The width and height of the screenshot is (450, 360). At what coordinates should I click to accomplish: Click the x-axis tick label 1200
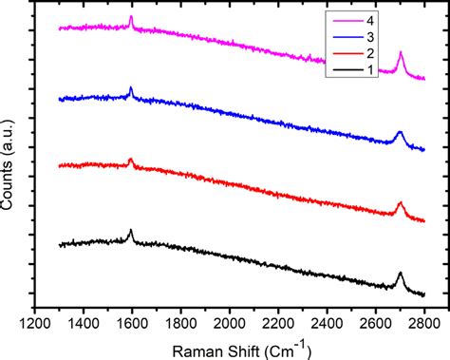click(34, 322)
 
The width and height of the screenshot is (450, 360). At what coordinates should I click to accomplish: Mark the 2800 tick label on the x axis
click(424, 322)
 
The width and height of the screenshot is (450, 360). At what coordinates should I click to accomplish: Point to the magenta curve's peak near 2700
click(401, 53)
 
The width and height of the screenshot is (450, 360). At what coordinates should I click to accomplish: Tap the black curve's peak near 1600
click(131, 231)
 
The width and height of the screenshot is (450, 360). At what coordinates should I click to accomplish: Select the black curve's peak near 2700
click(401, 274)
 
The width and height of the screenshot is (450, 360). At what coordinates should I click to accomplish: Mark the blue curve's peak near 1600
click(131, 88)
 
